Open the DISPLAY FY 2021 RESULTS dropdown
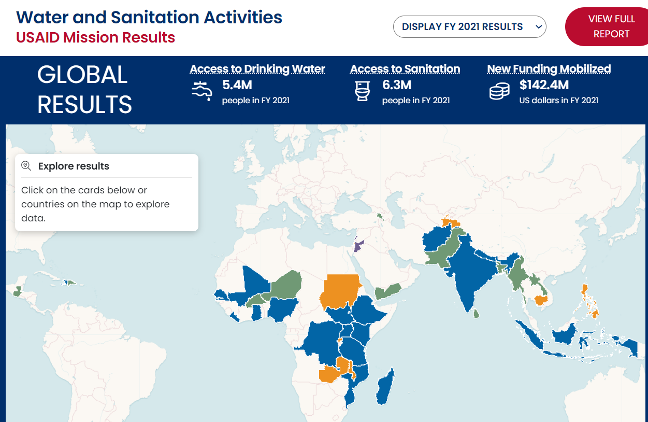click(469, 27)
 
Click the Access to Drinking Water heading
click(257, 69)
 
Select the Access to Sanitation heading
click(405, 69)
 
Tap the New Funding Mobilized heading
click(549, 69)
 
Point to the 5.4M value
click(237, 85)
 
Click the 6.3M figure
click(397, 85)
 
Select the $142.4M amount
click(544, 85)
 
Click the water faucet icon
click(201, 91)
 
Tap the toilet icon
click(362, 91)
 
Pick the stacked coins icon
click(499, 92)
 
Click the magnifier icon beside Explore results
click(26, 166)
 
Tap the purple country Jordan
click(358, 245)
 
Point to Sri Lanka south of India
click(477, 313)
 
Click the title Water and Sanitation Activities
click(149, 17)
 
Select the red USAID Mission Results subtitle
click(95, 38)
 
